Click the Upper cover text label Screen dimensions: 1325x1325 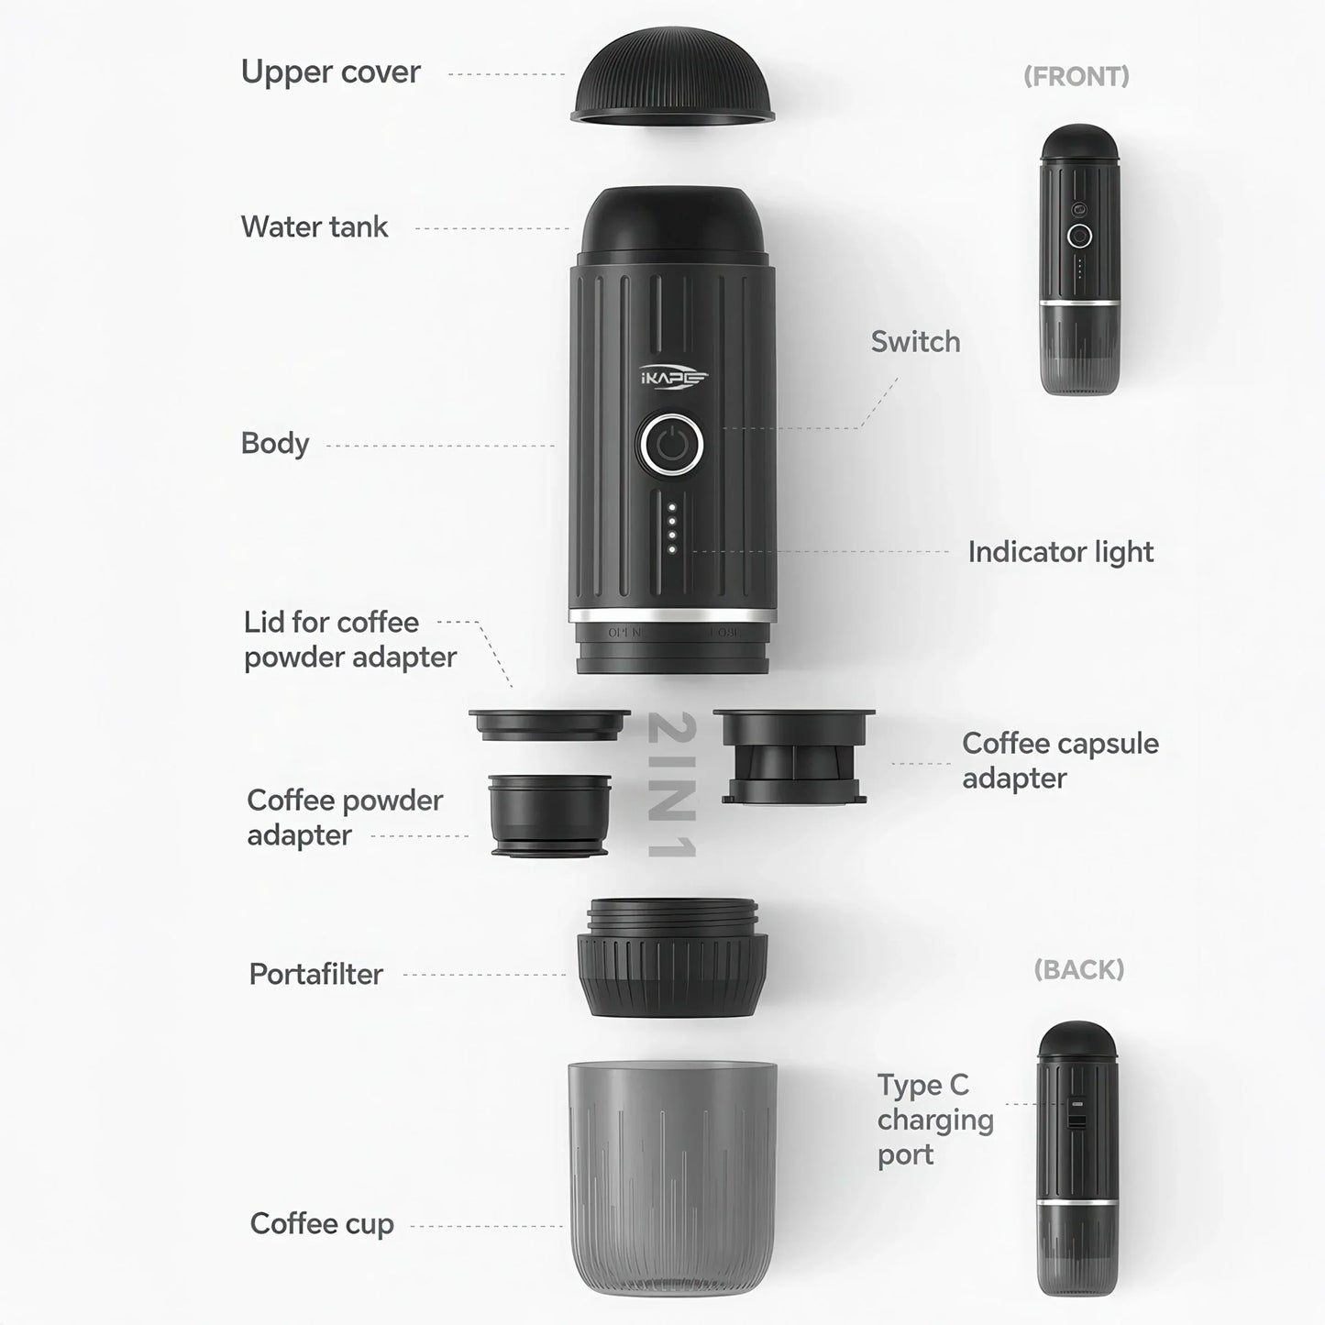pyautogui.click(x=330, y=72)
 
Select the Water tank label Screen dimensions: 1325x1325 pyautogui.click(x=314, y=227)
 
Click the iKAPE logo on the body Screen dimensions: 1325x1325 pyautogui.click(x=674, y=377)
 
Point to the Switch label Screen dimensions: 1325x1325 pyautogui.click(x=915, y=342)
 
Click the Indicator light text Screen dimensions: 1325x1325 pyautogui.click(x=1060, y=552)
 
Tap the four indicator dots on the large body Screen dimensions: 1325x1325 pyautogui.click(x=672, y=528)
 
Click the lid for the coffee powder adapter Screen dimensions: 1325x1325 pyautogui.click(x=549, y=724)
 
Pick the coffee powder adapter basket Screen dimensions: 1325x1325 pyautogui.click(x=549, y=815)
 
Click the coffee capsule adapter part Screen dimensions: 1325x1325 pyautogui.click(x=794, y=756)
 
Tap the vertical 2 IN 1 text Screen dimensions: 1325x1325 pyautogui.click(x=672, y=785)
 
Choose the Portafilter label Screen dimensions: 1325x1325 pyautogui.click(x=315, y=974)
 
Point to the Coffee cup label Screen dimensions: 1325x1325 pyautogui.click(x=321, y=1224)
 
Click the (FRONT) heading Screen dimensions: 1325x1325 pyautogui.click(x=1076, y=77)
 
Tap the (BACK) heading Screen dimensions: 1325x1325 pyautogui.click(x=1078, y=970)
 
